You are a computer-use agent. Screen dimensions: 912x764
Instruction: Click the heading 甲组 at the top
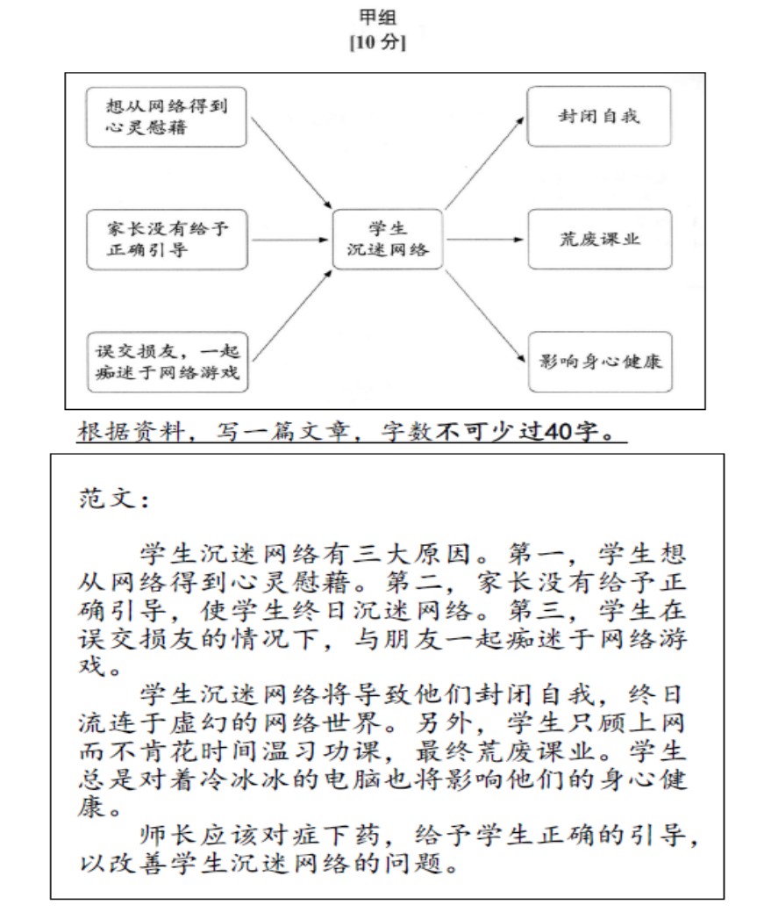(383, 17)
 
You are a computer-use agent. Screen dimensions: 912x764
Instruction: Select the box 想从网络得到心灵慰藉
(164, 117)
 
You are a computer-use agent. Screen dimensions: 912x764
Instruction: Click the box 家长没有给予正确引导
(164, 239)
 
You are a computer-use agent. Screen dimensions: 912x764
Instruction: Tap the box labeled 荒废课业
(598, 239)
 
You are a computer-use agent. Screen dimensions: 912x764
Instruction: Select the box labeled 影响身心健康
(598, 362)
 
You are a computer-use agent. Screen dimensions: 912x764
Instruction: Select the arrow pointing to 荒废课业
(482, 239)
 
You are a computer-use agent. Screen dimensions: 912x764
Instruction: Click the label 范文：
(113, 501)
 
